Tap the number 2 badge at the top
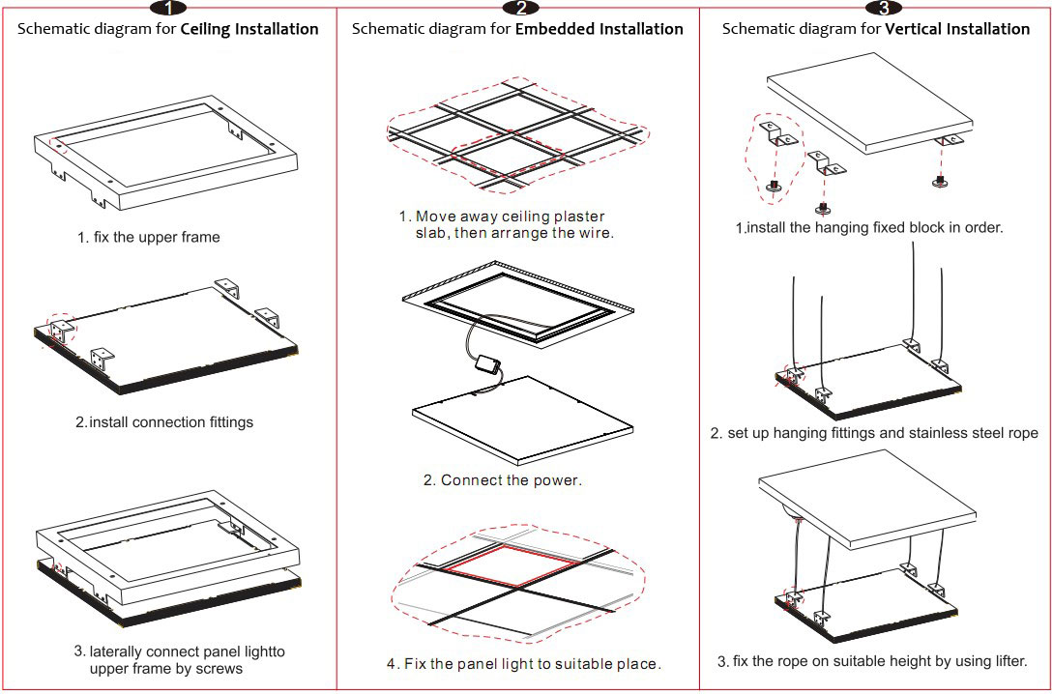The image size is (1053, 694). (521, 9)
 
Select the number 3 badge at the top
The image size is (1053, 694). (883, 9)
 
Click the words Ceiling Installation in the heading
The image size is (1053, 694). (249, 29)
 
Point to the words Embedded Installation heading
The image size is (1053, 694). (599, 29)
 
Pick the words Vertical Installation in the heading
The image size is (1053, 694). (957, 29)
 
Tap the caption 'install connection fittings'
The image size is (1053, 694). (171, 422)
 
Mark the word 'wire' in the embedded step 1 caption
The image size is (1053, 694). (595, 233)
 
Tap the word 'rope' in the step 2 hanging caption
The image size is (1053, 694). (1021, 433)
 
